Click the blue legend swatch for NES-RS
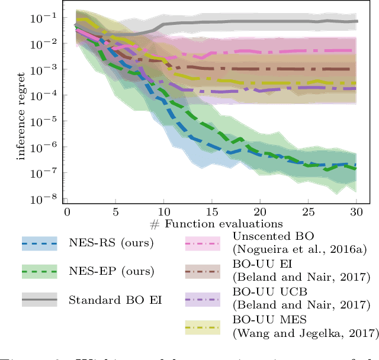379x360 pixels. (39, 242)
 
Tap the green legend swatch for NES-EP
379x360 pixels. (39, 271)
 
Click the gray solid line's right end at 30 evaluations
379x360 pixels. (356, 21)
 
